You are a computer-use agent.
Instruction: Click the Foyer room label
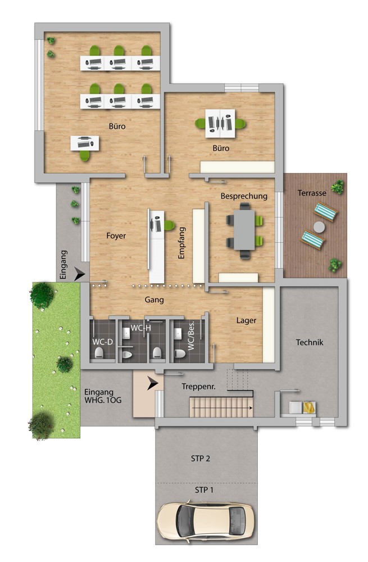[x=116, y=236]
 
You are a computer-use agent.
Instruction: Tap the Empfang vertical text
[x=181, y=243]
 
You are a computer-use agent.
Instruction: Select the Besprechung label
[x=244, y=196]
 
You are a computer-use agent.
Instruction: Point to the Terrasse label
[x=312, y=193]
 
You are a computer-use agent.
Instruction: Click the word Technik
[x=310, y=342]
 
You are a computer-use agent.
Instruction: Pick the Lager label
[x=246, y=320]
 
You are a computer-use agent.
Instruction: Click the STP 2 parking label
[x=201, y=459]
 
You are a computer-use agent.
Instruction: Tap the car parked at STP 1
[x=206, y=520]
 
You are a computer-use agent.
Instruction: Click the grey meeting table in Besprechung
[x=244, y=230]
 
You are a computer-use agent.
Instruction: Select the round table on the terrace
[x=319, y=227]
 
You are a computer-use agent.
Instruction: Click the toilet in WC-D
[x=99, y=353]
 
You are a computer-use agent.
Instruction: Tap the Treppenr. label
[x=198, y=387]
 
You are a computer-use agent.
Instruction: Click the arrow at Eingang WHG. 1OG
[x=152, y=383]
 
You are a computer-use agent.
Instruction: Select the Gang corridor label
[x=154, y=300]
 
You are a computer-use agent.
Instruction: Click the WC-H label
[x=141, y=328]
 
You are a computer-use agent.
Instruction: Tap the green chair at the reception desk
[x=169, y=225]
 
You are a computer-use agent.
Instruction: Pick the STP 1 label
[x=204, y=490]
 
